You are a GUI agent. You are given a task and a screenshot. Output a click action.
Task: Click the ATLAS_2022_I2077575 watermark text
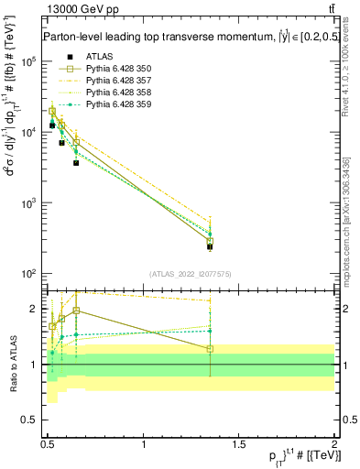(191, 274)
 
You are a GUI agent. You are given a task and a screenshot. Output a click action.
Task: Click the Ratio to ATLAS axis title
(11, 364)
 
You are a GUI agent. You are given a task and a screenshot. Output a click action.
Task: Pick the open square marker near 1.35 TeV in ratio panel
(210, 349)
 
